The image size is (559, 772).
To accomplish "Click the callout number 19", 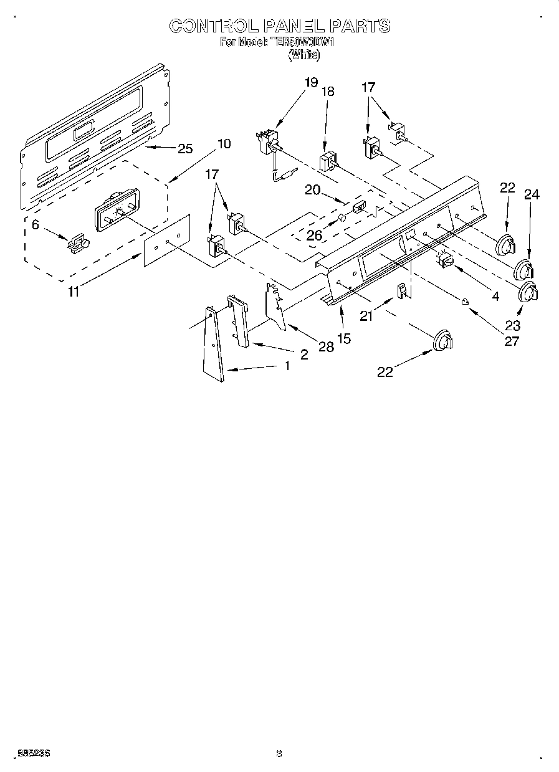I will tap(311, 82).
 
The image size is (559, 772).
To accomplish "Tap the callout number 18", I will tap(327, 91).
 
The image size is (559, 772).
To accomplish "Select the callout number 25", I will tap(185, 148).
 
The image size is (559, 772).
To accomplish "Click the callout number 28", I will tap(326, 346).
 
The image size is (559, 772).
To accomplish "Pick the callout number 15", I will tap(343, 338).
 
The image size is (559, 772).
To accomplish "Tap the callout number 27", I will tap(512, 341).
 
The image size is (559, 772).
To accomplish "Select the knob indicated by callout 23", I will tap(529, 292).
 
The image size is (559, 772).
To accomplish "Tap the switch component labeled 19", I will tap(269, 143).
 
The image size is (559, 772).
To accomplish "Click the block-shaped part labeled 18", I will tap(328, 162).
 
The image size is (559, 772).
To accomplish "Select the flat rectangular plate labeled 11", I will tap(166, 240).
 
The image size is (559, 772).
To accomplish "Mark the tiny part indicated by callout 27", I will tap(464, 302).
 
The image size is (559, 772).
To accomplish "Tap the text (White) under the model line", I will tap(303, 55).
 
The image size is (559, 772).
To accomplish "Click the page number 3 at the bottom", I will tap(279, 754).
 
